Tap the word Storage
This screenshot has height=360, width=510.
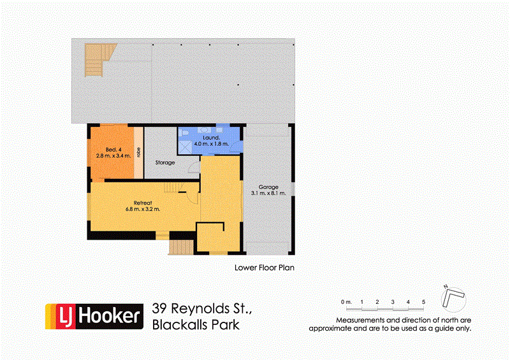tap(165, 163)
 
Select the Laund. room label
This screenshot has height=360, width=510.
tap(211, 138)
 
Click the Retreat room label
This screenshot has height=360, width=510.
tap(143, 202)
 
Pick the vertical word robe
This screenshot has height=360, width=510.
tap(138, 153)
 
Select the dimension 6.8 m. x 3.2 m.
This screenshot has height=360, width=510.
tap(143, 209)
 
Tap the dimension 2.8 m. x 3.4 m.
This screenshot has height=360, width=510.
tap(113, 155)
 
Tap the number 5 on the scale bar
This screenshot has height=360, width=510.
tap(424, 301)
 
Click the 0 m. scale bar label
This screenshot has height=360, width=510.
tap(346, 301)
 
